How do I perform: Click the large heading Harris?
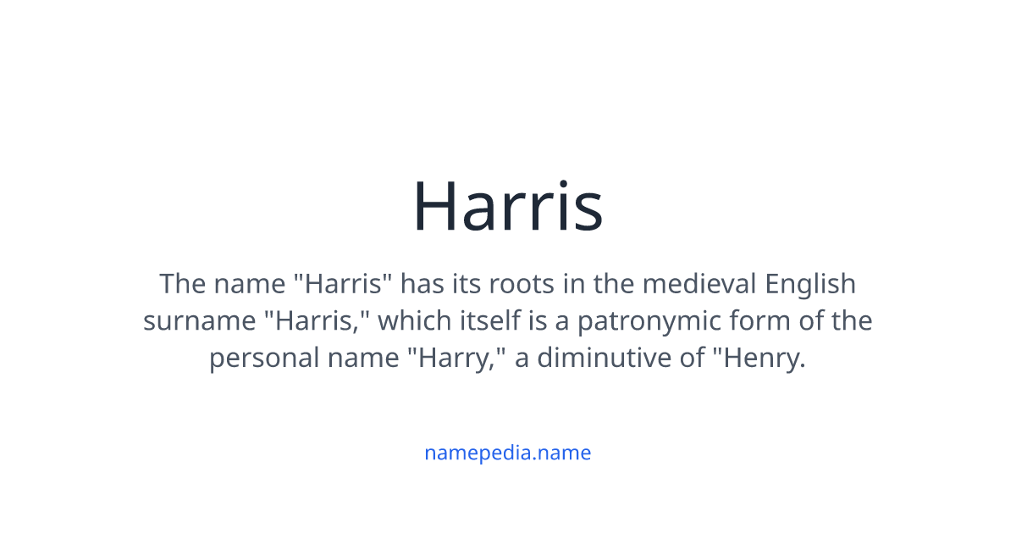tap(507, 206)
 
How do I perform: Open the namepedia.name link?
tap(507, 453)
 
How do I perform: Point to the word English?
tap(810, 284)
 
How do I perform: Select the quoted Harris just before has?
tap(346, 284)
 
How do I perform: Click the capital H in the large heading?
tap(434, 206)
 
